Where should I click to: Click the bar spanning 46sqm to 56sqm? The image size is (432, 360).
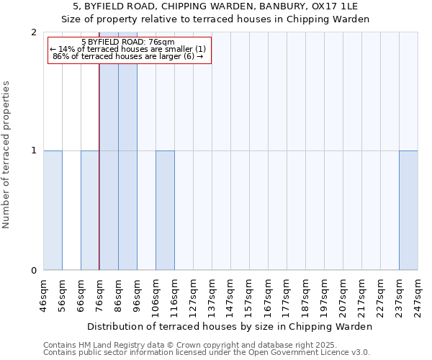point(53,210)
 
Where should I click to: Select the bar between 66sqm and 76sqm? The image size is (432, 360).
point(90,210)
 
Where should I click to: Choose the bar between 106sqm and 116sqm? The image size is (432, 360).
point(165,210)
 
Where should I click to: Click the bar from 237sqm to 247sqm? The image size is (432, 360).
point(408,210)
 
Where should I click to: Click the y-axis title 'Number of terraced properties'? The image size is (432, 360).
point(6,155)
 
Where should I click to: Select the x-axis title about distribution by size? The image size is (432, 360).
point(230,326)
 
